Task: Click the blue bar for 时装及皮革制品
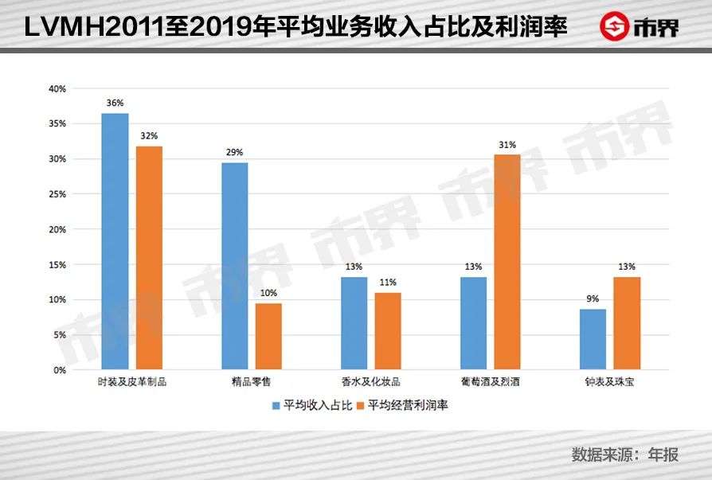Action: (x=115, y=241)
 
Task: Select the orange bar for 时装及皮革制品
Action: (x=149, y=258)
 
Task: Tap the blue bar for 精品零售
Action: (x=234, y=266)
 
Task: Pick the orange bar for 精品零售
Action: (x=268, y=337)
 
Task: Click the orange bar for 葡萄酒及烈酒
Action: (x=507, y=262)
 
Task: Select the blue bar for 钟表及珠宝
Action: (x=593, y=339)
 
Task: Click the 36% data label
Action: (x=115, y=103)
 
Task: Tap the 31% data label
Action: (x=507, y=145)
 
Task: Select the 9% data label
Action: (x=593, y=299)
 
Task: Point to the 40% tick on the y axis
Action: (x=57, y=89)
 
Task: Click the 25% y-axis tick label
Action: (x=57, y=194)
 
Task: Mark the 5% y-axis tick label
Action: (x=59, y=335)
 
